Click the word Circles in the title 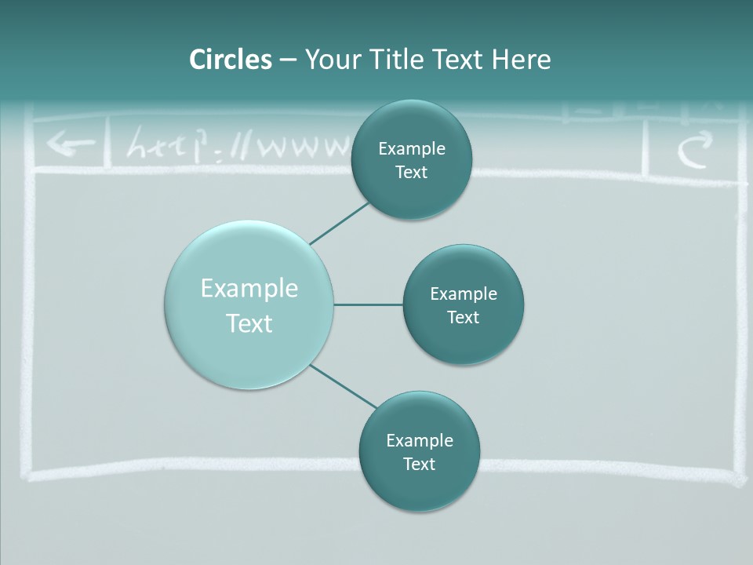(x=231, y=60)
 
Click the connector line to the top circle (x=339, y=223)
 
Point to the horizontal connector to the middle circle (x=368, y=304)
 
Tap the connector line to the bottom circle (x=342, y=386)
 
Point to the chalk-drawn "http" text (x=169, y=146)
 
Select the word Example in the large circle (x=249, y=289)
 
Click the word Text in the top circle (x=412, y=173)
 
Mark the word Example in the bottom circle (x=420, y=440)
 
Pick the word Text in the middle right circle (x=464, y=317)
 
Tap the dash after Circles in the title (x=288, y=60)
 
